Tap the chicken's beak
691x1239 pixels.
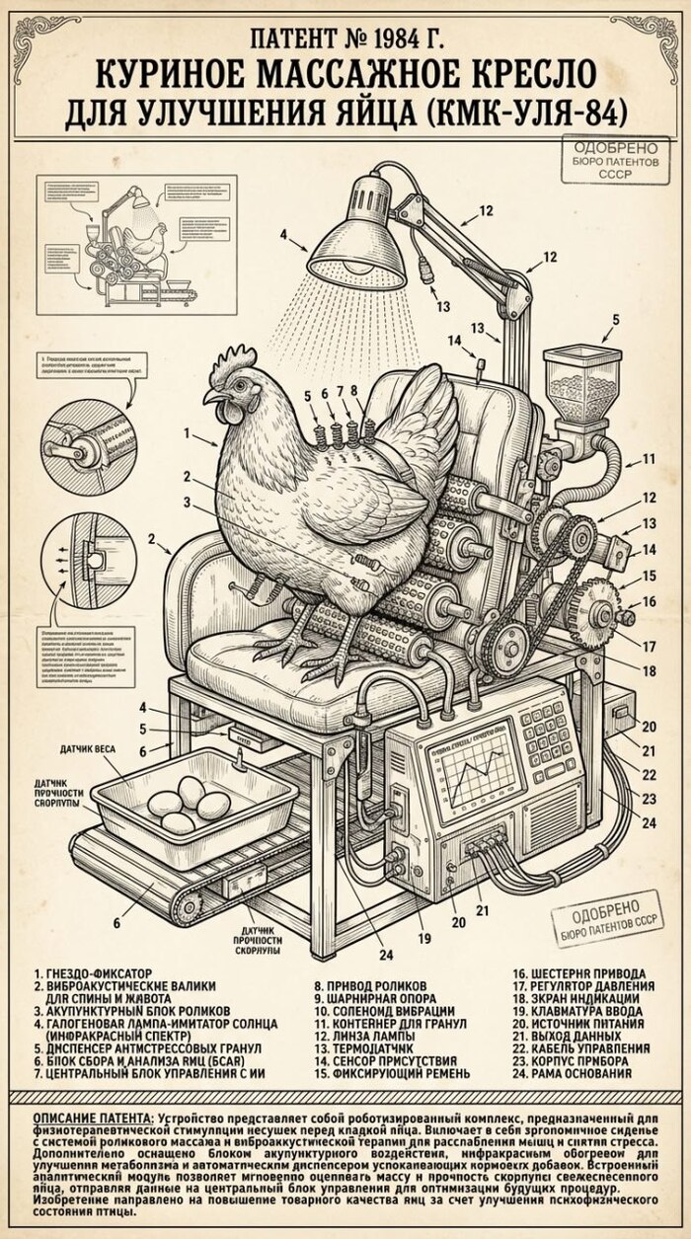point(210,397)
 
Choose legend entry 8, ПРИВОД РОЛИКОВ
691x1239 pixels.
point(370,985)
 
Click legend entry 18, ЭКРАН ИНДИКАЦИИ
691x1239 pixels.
point(576,998)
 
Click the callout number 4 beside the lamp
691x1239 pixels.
point(283,235)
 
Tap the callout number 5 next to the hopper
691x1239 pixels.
point(616,319)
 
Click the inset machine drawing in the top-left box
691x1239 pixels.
point(137,244)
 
